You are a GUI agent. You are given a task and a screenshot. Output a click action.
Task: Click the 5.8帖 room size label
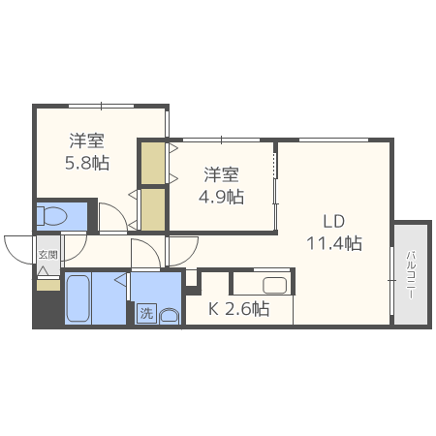[87, 163]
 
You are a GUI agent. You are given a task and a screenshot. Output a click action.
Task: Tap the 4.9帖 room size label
[221, 197]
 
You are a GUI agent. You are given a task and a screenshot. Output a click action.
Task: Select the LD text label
[334, 222]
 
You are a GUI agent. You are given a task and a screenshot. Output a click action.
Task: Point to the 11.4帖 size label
[334, 243]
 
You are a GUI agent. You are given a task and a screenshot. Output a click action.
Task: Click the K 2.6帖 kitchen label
[238, 309]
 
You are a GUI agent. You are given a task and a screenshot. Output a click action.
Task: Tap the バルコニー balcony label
[411, 274]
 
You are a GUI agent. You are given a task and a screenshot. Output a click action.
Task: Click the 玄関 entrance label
[47, 255]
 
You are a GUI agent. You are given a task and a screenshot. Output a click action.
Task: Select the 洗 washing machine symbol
[146, 313]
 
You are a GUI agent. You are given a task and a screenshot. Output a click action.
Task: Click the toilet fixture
[51, 216]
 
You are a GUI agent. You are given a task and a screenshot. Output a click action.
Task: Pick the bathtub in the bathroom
[78, 298]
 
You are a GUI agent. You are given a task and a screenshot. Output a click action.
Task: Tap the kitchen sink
[274, 285]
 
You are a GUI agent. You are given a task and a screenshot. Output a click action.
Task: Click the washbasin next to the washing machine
[169, 316]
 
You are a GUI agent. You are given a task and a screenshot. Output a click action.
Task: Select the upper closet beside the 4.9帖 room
[153, 164]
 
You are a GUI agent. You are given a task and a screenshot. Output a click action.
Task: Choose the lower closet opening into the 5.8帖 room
[153, 209]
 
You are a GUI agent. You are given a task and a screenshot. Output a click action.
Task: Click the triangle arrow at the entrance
[43, 270]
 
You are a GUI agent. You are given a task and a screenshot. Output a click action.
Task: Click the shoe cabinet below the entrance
[48, 285]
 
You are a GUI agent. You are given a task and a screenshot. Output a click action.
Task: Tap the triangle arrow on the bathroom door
[121, 279]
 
